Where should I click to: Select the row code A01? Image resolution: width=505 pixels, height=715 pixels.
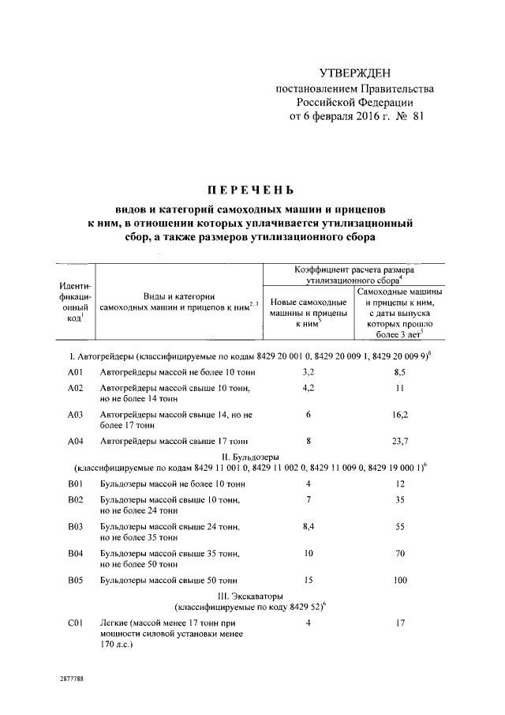76,371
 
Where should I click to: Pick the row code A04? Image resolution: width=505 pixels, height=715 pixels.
76,441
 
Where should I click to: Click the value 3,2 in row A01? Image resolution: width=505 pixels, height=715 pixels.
309,371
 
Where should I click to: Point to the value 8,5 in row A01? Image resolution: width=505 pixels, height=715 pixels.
400,371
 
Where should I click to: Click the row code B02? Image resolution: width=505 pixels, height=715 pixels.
76,500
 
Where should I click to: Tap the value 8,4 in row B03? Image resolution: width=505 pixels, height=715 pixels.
309,524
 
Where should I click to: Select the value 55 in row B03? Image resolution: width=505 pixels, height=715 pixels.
400,524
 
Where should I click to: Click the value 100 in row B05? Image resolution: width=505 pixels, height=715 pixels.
400,581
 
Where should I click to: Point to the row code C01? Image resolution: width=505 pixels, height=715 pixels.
76,623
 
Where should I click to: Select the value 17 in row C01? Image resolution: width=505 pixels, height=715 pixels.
400,623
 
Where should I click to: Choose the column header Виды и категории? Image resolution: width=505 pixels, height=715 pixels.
175,295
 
